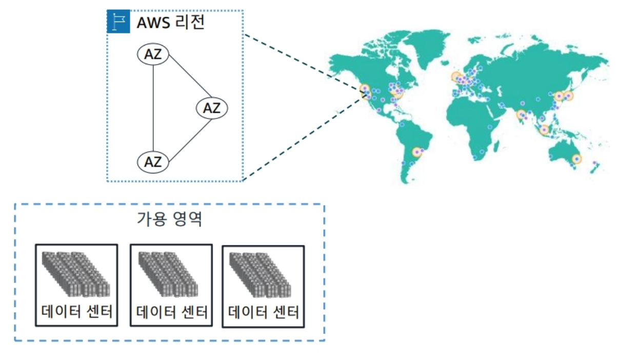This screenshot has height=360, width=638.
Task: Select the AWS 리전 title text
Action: click(x=170, y=23)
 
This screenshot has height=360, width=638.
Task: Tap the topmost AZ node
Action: click(x=153, y=55)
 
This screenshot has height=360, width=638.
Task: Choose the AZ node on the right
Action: click(x=211, y=108)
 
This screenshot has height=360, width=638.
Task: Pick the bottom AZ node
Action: click(x=153, y=162)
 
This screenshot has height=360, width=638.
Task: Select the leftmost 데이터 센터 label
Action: click(x=76, y=311)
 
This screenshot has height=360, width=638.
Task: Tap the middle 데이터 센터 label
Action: click(x=171, y=311)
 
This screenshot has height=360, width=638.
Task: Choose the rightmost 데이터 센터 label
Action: click(x=263, y=311)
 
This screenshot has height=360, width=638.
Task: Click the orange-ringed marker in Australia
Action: click(x=576, y=159)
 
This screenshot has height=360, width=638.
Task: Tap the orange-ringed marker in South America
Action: click(x=419, y=152)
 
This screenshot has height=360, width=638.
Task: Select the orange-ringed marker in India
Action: click(x=522, y=115)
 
